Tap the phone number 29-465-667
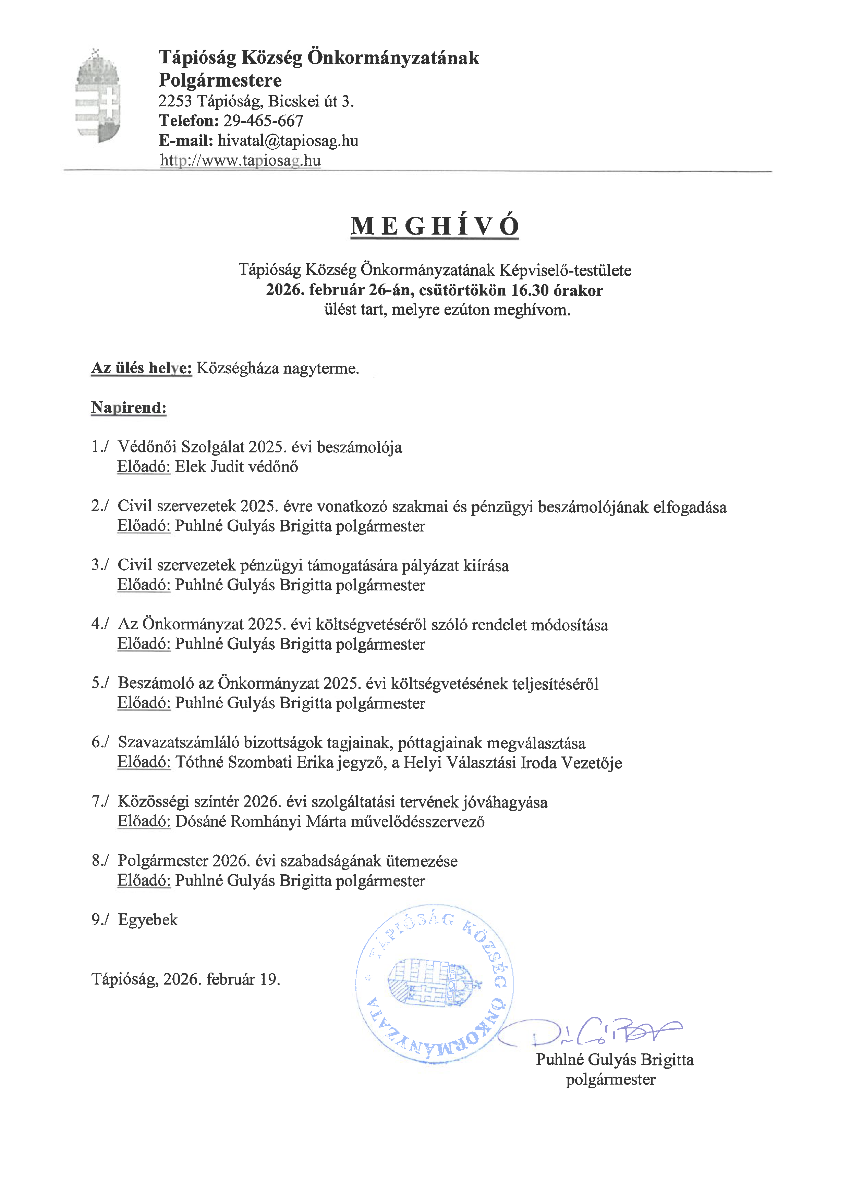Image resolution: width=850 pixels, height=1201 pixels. point(263,121)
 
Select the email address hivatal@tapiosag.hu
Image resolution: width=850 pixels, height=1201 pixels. point(288,141)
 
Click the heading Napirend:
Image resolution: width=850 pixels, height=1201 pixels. point(129,407)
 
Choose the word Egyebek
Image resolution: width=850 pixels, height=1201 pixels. point(148,919)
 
